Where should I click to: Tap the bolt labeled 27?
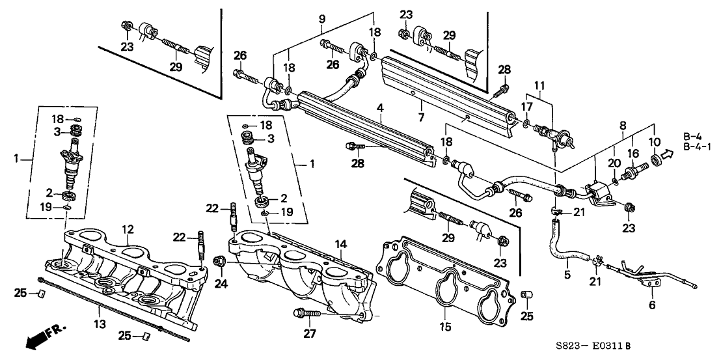pyautogui.click(x=304, y=314)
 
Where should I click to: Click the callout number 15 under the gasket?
pyautogui.click(x=446, y=325)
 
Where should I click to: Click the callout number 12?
pyautogui.click(x=128, y=228)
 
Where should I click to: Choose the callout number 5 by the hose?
pyautogui.click(x=567, y=275)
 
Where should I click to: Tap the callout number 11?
pyautogui.click(x=537, y=85)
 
